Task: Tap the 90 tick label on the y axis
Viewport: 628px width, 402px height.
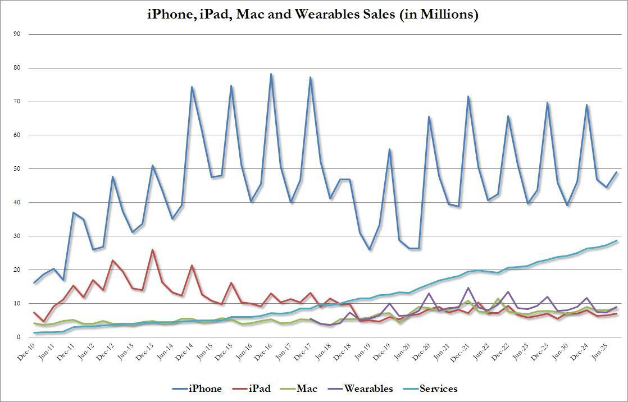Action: click(17, 34)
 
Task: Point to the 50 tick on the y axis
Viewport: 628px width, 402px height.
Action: click(17, 169)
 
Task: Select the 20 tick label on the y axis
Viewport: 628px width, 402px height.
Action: click(17, 270)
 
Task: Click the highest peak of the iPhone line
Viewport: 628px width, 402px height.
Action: click(271, 74)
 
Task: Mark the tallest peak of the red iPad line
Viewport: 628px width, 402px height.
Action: click(152, 250)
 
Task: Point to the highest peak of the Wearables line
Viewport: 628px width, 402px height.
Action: click(468, 288)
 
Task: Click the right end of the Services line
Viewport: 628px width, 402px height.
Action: click(617, 241)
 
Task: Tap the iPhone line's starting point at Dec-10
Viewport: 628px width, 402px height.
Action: click(34, 283)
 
